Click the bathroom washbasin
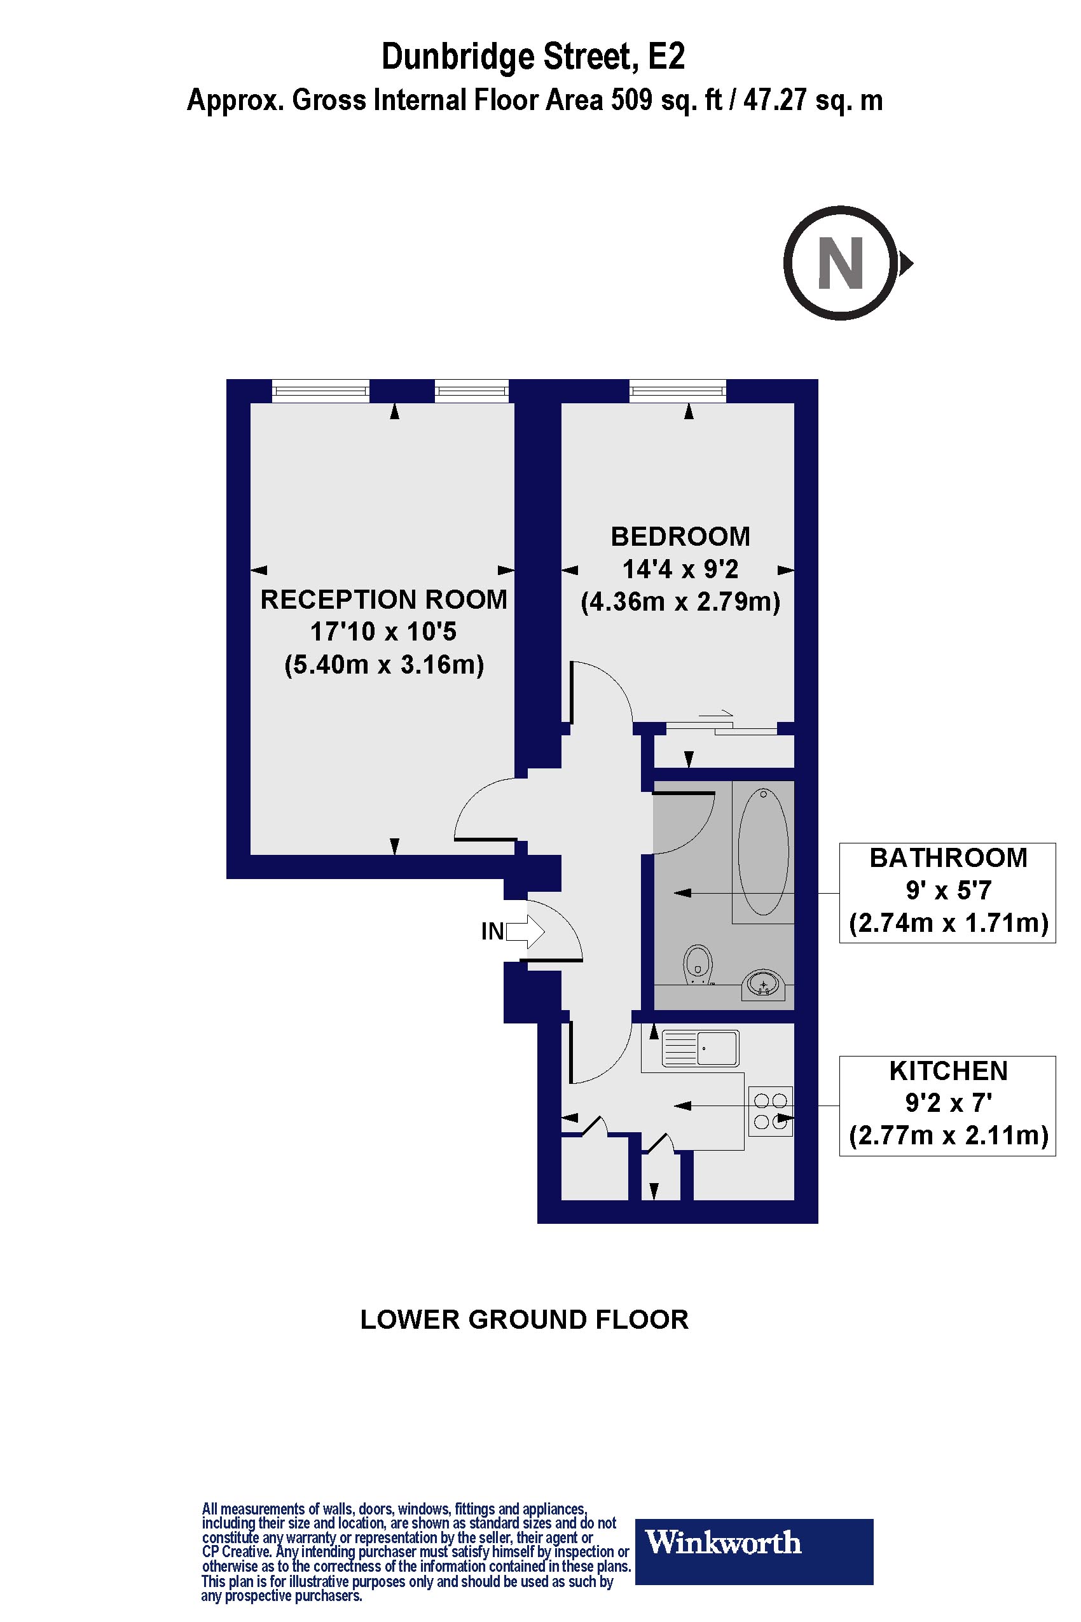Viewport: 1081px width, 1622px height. (x=763, y=984)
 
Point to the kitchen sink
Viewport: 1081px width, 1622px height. (x=699, y=1048)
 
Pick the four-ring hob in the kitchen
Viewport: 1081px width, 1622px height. (x=771, y=1111)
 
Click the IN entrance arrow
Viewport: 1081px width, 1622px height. (x=525, y=932)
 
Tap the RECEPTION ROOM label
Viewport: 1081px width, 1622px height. (x=384, y=599)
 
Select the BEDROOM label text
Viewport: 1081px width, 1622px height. (x=680, y=536)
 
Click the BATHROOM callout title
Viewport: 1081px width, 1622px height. (x=948, y=858)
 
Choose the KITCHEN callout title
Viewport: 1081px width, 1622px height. (x=948, y=1071)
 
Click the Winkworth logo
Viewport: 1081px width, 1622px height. (x=754, y=1542)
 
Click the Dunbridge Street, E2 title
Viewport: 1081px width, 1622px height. (x=534, y=57)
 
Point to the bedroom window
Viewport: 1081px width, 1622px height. (x=678, y=392)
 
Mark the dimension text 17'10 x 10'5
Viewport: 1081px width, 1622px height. (x=384, y=632)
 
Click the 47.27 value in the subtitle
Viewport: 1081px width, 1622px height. (x=775, y=101)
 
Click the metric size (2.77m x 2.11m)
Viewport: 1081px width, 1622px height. (x=948, y=1135)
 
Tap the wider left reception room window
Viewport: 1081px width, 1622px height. (x=320, y=392)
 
